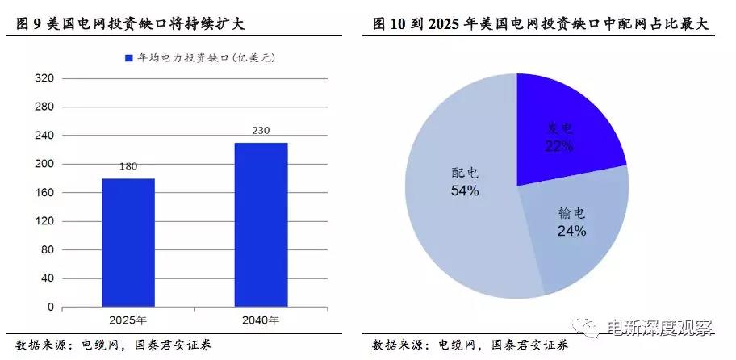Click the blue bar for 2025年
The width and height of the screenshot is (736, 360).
(129, 242)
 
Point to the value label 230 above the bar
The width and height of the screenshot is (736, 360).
(261, 131)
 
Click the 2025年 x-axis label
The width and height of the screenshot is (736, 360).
(129, 320)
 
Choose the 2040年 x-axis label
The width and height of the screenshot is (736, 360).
(261, 320)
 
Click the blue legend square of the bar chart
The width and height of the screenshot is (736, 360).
(128, 58)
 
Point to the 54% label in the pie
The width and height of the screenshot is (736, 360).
(465, 191)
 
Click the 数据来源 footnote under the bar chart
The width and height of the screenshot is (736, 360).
(113, 344)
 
